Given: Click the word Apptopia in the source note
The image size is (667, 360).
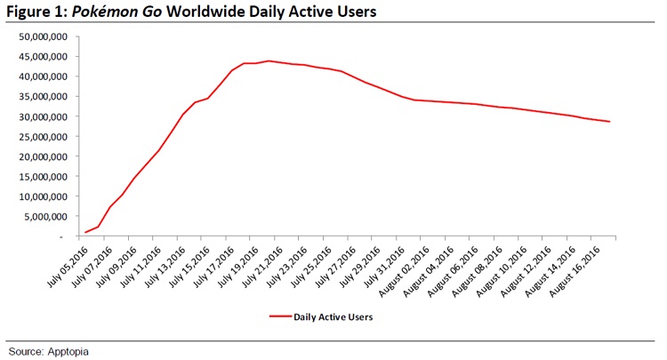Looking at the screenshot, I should pyautogui.click(x=74, y=350).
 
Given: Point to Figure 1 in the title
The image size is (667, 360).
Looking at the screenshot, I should pyautogui.click(x=36, y=13).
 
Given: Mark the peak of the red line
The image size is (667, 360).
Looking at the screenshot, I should pyautogui.click(x=268, y=61).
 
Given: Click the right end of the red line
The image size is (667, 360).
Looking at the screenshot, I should pyautogui.click(x=609, y=122).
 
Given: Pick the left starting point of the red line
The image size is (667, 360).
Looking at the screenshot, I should pyautogui.click(x=85, y=233).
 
